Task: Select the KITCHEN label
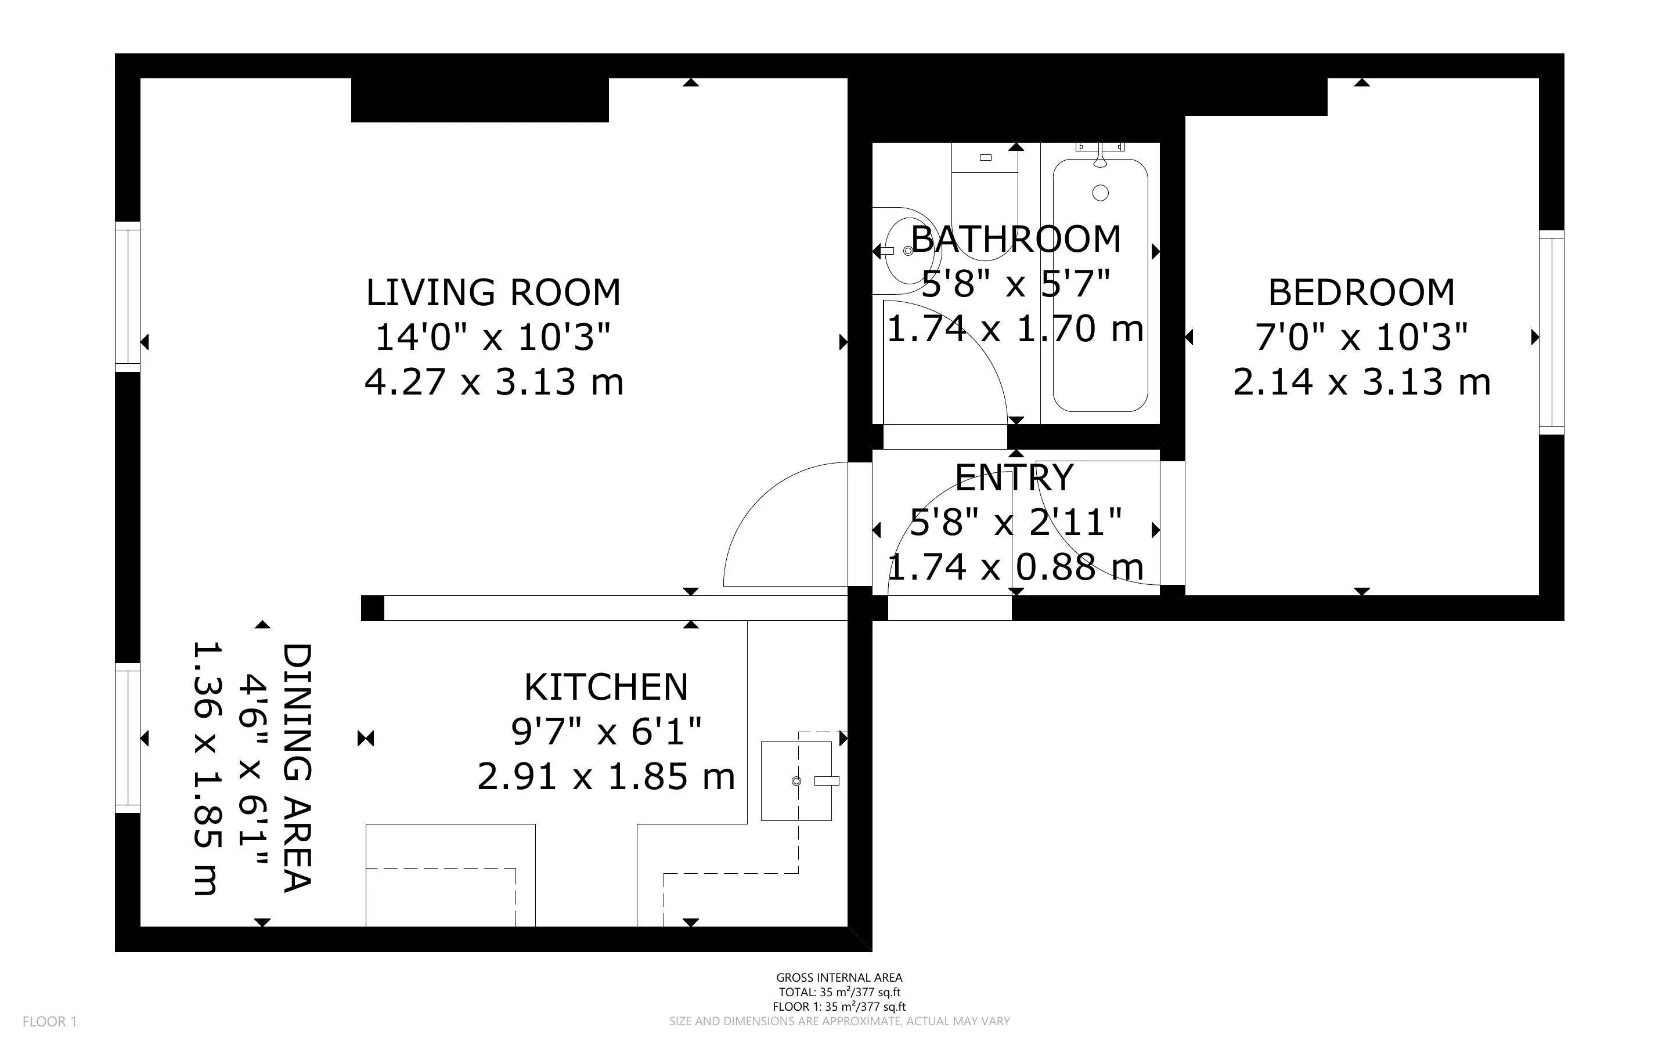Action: coord(606,687)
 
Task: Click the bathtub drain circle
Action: coord(1100,193)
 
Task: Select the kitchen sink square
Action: coord(796,781)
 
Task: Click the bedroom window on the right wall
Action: coord(1551,332)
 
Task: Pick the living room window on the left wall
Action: coord(128,296)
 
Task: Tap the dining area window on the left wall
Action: coord(128,737)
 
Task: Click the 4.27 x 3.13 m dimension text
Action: coord(493,382)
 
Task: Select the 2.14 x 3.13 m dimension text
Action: coord(1361,382)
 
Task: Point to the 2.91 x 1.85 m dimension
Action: coord(606,776)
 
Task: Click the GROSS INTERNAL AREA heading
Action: coord(839,978)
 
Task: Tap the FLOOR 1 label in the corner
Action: coord(49,1021)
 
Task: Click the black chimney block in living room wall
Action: coord(480,100)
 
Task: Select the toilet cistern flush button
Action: coord(985,157)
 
